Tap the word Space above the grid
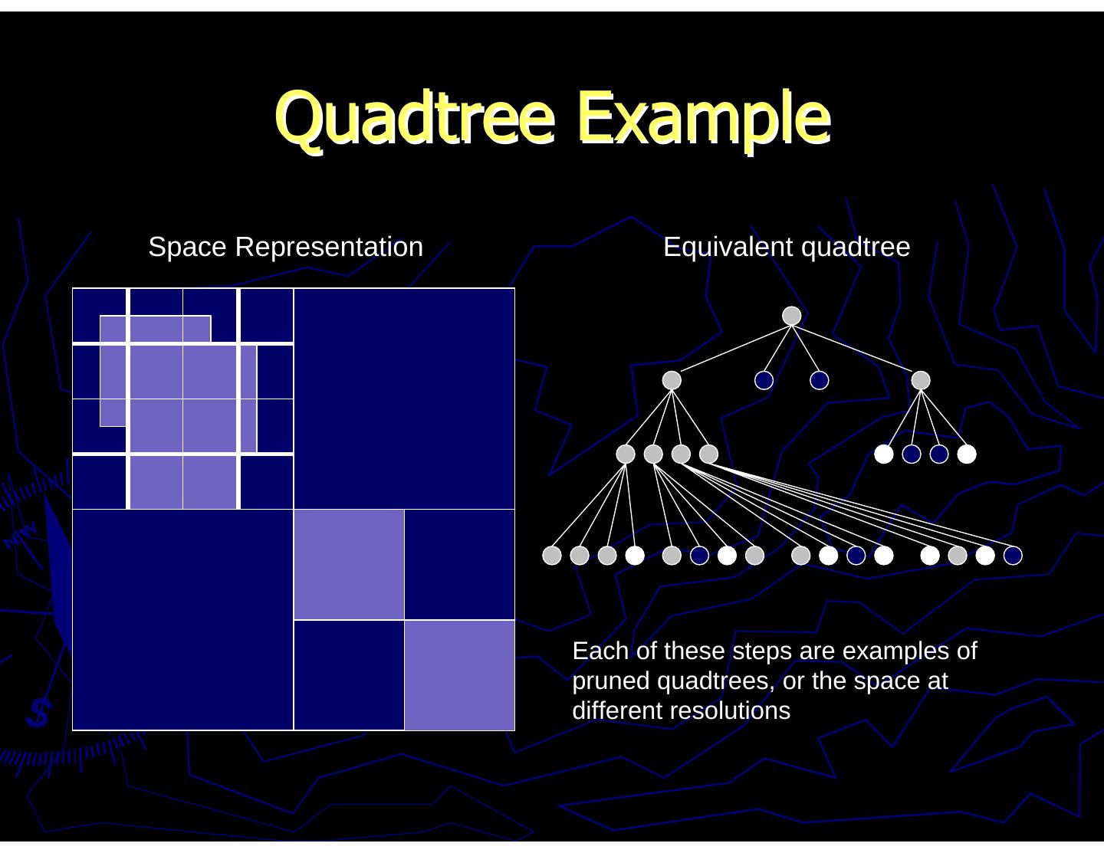(x=188, y=247)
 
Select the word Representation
(x=329, y=247)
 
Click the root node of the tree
(x=791, y=316)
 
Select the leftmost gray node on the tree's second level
(x=672, y=380)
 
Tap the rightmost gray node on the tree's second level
(x=921, y=380)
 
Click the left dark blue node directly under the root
(x=764, y=380)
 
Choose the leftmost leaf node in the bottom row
(x=552, y=556)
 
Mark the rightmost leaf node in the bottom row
(x=1013, y=556)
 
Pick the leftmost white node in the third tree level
(x=884, y=454)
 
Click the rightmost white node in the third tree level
(x=967, y=454)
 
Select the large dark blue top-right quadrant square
(x=404, y=399)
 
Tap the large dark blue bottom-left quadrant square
(x=182, y=619)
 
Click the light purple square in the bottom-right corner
(x=459, y=674)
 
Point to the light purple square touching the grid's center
(x=349, y=564)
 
